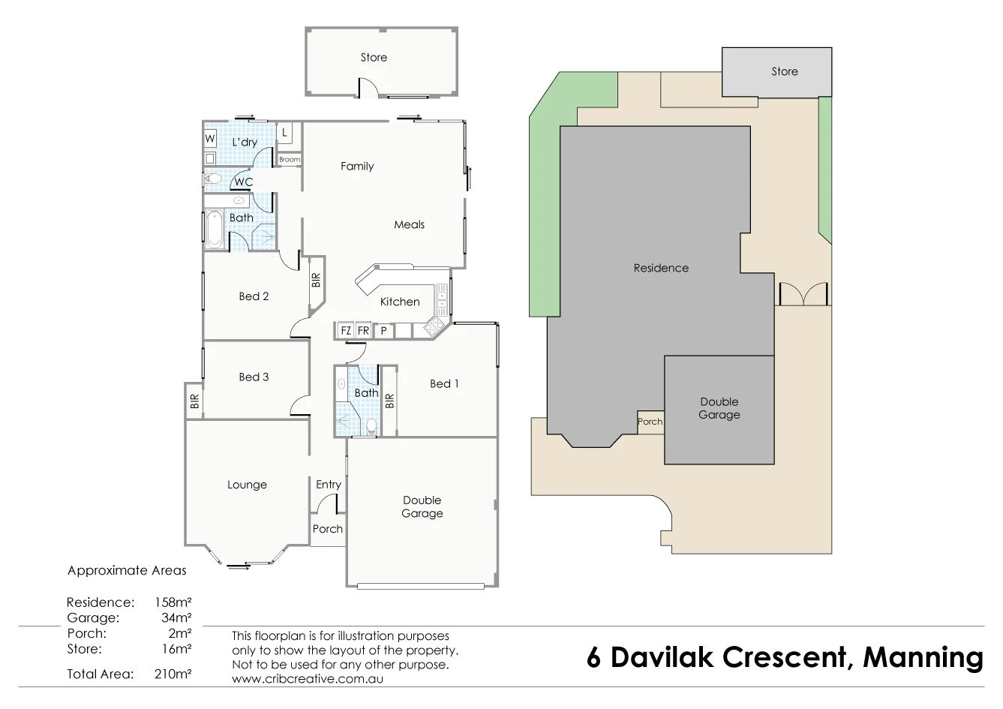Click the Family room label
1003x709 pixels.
pos(356,167)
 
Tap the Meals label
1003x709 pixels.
pos(409,224)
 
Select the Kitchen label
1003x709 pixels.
pos(400,302)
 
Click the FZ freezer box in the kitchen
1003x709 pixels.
pos(346,330)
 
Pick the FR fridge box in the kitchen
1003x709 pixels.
pos(363,330)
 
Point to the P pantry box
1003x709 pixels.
pos(383,330)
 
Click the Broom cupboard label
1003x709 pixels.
pos(290,160)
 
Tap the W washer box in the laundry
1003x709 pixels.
pos(210,139)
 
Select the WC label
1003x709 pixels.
pos(244,182)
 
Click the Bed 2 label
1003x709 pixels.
pos(254,296)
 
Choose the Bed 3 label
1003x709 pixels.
pos(254,377)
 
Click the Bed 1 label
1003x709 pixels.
pos(444,383)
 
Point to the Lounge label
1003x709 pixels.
pos(247,485)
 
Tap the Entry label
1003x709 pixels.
pos(329,485)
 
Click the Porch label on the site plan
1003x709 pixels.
pos(650,422)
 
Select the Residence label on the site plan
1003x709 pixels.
pos(661,268)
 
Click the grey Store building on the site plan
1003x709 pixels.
pos(776,72)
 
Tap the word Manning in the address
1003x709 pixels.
pos(923,657)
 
